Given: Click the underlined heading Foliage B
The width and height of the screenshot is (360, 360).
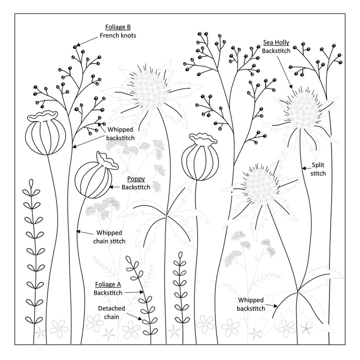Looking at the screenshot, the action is [x=118, y=27].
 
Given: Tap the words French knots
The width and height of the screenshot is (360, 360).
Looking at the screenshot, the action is [x=118, y=36].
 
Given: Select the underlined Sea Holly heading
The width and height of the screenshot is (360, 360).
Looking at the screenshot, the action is [x=276, y=42].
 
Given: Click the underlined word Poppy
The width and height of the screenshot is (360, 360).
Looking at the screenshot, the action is [x=136, y=179].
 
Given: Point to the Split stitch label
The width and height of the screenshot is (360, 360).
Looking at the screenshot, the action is [x=318, y=169].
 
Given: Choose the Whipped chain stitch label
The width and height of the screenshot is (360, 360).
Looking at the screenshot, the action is [x=109, y=237].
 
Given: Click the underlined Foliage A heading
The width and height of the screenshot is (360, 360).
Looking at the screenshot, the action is [x=108, y=284].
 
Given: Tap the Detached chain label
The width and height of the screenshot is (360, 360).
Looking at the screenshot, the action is [x=112, y=312].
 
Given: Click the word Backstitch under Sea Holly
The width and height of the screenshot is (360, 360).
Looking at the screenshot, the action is [x=276, y=51].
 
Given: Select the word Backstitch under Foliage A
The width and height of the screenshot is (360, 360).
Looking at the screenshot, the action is [x=108, y=293].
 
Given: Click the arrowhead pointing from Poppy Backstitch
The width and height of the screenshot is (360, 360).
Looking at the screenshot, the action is [x=111, y=187].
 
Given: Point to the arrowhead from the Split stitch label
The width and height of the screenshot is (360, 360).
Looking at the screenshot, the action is [x=303, y=168].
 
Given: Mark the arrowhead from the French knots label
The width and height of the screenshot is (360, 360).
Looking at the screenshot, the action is [x=78, y=45].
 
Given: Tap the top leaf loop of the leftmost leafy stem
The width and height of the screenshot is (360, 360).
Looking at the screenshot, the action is [x=31, y=183].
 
